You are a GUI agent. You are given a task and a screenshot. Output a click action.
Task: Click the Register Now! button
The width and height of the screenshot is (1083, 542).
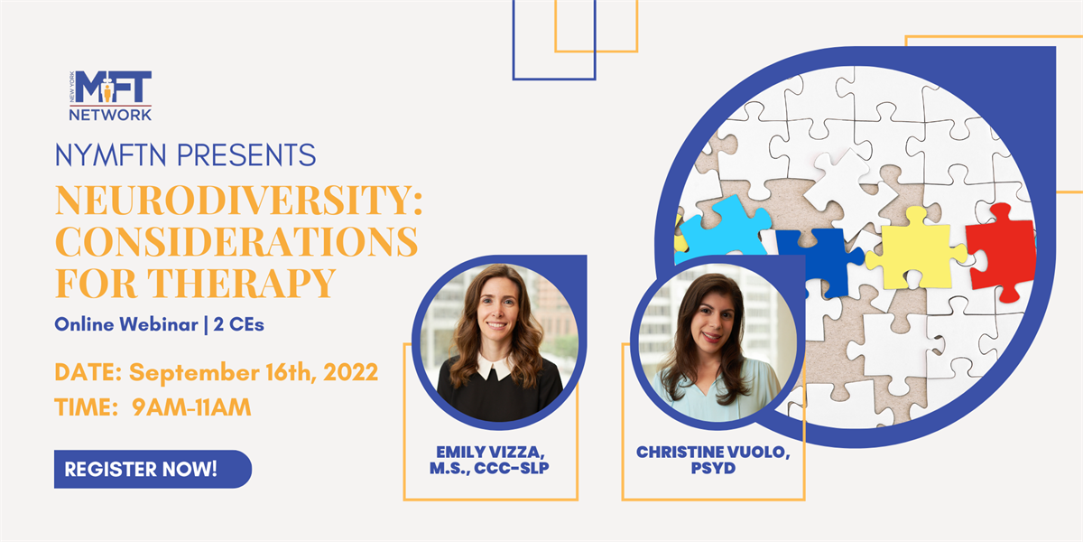[153, 469]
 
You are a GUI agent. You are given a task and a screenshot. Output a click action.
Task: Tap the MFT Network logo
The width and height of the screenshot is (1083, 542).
[110, 96]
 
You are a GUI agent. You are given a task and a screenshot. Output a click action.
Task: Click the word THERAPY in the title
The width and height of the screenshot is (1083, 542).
[241, 283]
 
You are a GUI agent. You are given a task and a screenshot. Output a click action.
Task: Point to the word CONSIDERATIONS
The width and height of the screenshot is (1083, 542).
[236, 241]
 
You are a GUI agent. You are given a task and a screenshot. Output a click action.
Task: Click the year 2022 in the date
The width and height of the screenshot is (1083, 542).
[350, 372]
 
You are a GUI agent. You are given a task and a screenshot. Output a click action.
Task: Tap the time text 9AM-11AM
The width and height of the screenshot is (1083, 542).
[191, 407]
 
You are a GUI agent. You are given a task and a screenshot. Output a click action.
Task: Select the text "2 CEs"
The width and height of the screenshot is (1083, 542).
[239, 324]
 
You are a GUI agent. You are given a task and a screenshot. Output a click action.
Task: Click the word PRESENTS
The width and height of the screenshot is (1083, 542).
[246, 155]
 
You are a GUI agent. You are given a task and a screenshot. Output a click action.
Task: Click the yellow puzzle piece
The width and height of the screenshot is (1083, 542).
[915, 249]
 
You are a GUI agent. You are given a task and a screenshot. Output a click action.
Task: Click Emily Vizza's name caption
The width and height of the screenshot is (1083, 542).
[489, 460]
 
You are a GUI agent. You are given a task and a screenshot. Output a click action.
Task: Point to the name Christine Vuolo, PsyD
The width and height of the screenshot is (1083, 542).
[713, 460]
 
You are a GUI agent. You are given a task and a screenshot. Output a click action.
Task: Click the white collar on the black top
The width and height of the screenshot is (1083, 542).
[495, 368]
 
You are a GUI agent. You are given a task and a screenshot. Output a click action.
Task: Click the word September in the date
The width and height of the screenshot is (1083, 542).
[194, 373]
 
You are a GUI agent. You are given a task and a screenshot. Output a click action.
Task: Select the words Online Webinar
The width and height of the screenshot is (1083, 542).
[126, 324]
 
